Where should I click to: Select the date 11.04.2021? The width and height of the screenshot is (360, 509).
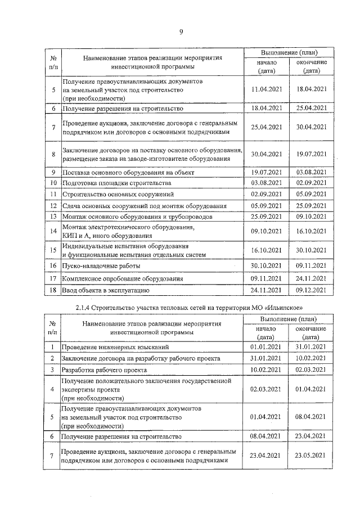click(x=267, y=89)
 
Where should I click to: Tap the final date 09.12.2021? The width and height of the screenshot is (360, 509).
click(x=312, y=290)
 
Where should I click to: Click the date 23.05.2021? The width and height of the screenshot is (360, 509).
click(x=312, y=455)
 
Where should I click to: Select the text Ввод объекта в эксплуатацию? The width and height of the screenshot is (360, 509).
click(x=105, y=290)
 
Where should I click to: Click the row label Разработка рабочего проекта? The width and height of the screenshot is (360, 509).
click(x=105, y=370)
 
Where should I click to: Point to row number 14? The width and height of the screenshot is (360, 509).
click(x=52, y=231)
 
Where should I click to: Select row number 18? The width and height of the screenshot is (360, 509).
click(x=52, y=290)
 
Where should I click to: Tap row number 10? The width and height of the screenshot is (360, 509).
click(x=52, y=183)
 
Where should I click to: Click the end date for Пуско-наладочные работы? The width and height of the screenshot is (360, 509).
click(x=312, y=265)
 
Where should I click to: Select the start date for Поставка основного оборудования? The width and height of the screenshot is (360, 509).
click(x=267, y=172)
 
